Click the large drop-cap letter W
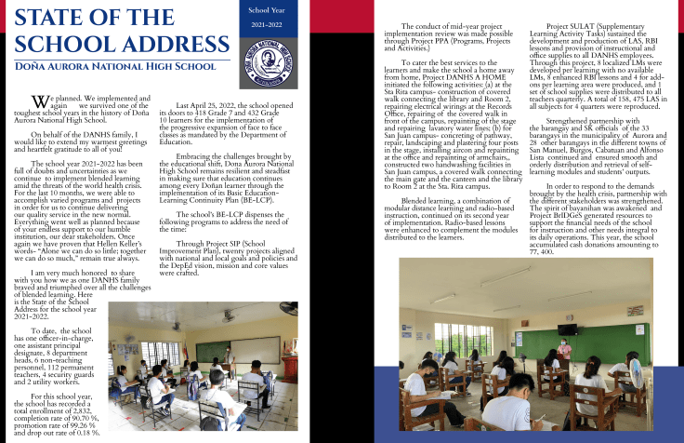click(x=39, y=100)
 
